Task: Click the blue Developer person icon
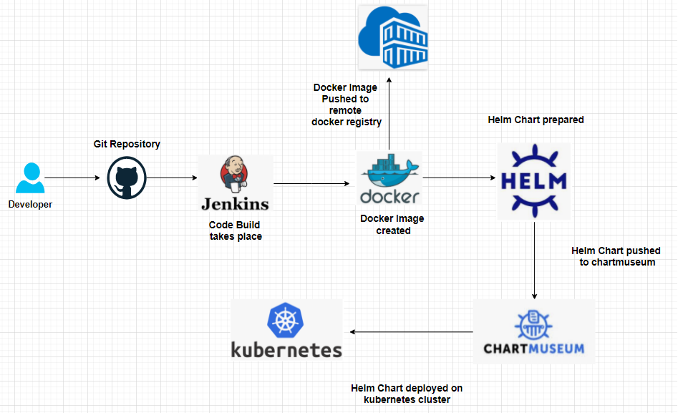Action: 30,179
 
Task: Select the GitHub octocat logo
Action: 127,178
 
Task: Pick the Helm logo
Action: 533,180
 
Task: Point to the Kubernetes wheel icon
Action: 286,320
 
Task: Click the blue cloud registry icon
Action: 392,37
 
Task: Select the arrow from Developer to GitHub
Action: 72,178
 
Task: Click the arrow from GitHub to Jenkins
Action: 172,178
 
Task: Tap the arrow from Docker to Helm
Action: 458,178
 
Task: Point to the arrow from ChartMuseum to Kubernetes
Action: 412,332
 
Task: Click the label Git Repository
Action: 127,144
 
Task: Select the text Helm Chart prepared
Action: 536,120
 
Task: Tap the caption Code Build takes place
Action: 236,230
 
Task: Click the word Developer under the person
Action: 30,204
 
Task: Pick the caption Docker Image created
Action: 392,225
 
